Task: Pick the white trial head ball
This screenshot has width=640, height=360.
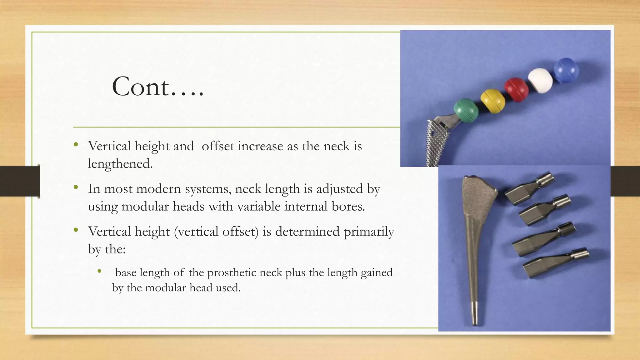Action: [540, 80]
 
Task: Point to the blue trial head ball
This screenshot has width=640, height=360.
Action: [566, 70]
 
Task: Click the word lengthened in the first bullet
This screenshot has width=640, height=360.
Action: [120, 164]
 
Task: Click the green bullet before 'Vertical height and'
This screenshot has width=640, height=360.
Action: [76, 145]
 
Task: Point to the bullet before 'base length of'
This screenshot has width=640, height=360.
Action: [99, 271]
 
